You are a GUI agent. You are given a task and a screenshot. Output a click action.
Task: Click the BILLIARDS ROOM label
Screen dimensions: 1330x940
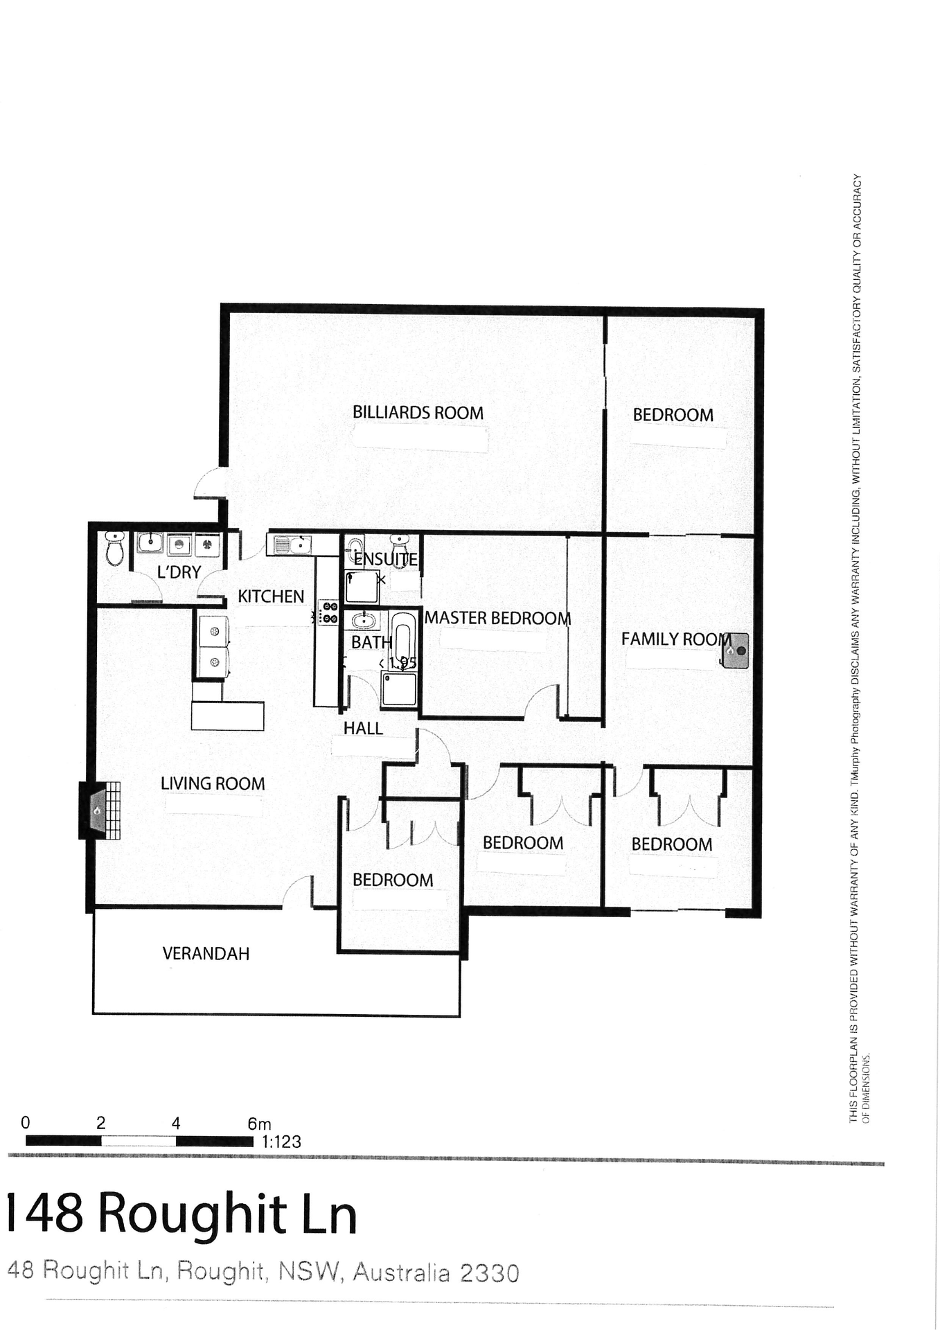tap(418, 413)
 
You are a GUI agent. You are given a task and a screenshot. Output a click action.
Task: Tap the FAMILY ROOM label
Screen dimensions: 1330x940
tap(675, 639)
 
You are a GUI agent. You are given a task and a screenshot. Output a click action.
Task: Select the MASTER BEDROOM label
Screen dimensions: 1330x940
tap(497, 618)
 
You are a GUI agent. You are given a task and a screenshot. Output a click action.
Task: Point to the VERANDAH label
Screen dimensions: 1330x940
tap(206, 954)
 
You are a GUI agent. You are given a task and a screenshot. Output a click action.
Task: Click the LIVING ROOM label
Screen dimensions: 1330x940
tap(213, 783)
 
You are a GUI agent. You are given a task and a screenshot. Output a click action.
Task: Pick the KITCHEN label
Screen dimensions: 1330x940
tap(271, 596)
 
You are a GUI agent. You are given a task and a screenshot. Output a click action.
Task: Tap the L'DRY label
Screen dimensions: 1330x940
tap(179, 572)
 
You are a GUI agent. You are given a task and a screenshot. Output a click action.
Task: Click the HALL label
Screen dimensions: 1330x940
tap(363, 728)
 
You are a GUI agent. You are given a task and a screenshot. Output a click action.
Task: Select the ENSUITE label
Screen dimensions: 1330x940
tap(386, 559)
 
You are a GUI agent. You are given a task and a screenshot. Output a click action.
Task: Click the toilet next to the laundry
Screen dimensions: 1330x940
tap(115, 549)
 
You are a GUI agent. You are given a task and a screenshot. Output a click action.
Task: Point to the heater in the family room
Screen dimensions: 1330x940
tap(736, 650)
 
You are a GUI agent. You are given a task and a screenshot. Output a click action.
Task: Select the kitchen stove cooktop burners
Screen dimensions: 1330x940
tap(328, 613)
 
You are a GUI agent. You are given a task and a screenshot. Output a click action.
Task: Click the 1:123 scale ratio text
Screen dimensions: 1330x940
tap(281, 1142)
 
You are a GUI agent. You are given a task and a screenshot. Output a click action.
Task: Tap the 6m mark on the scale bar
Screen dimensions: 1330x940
tap(259, 1124)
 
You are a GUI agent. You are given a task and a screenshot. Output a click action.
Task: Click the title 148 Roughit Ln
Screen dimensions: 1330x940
tap(181, 1213)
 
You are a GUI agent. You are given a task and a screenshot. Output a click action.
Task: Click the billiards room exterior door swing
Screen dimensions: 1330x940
tap(209, 484)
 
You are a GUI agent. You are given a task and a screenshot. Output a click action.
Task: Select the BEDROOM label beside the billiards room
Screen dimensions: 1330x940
tap(673, 415)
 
